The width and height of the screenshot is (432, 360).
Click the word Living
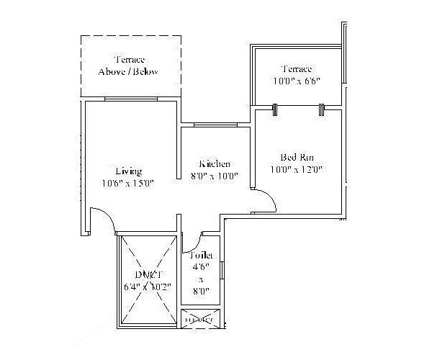click(128, 171)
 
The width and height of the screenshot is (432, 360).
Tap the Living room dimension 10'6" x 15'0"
click(128, 183)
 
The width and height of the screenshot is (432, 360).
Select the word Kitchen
click(214, 163)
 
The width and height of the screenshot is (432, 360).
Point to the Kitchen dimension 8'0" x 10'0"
click(214, 175)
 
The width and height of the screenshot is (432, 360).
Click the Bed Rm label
click(296, 158)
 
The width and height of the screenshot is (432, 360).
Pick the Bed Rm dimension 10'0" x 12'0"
click(296, 170)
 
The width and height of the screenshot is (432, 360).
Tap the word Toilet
click(201, 256)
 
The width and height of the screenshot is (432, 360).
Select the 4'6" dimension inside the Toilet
click(201, 268)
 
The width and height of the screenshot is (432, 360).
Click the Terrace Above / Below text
click(128, 66)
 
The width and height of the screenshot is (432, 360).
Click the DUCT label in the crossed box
click(147, 274)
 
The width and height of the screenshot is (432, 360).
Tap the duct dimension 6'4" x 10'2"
click(147, 287)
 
